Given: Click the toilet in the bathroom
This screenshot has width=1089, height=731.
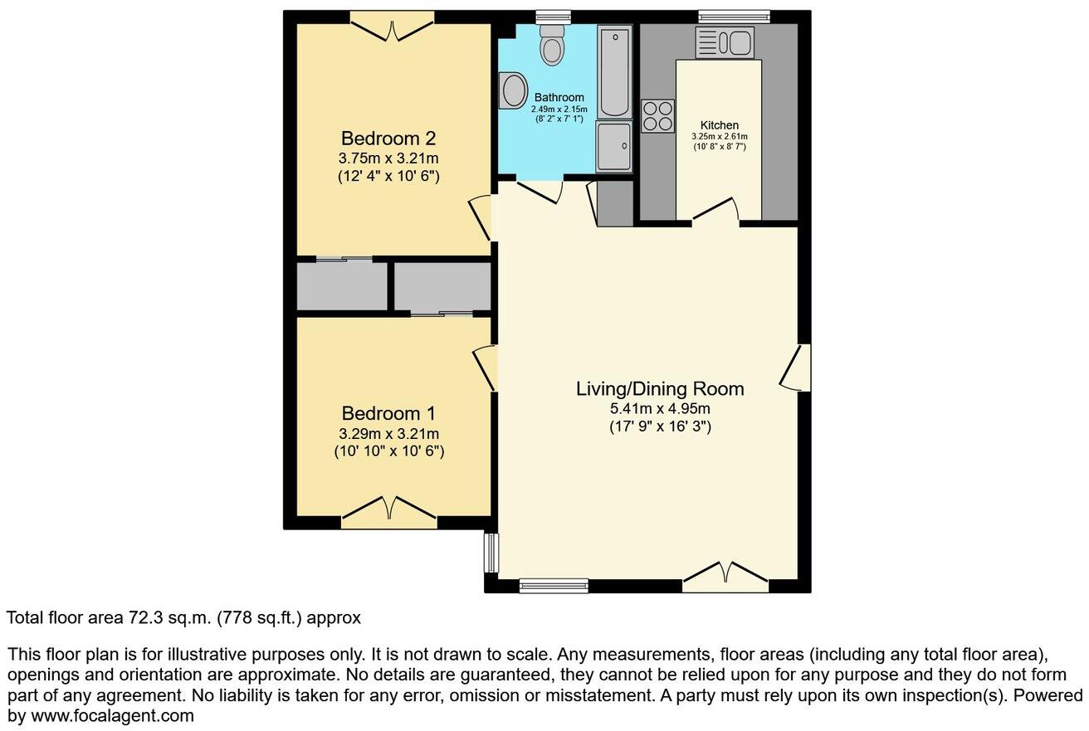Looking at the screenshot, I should [x=551, y=44].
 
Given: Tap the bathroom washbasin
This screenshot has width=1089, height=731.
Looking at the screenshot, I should [x=513, y=90].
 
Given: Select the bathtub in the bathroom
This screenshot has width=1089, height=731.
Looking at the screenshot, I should [x=614, y=71].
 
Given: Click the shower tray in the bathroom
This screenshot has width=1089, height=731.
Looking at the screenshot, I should [x=613, y=146].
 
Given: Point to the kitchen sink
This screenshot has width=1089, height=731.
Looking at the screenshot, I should [x=724, y=42].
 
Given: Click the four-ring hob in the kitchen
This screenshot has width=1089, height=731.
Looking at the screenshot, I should [x=657, y=115].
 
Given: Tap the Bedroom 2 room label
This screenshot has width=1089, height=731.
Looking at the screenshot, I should [x=388, y=138].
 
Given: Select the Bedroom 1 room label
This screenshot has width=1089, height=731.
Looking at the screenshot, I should [x=388, y=413].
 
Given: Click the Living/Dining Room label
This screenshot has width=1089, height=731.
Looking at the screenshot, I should [x=660, y=388].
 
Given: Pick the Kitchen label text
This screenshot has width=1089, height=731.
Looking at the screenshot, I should [x=719, y=125].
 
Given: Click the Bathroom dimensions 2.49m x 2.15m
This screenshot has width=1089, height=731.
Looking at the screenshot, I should [x=559, y=109].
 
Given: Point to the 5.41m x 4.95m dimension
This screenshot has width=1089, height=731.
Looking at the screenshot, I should [x=660, y=408].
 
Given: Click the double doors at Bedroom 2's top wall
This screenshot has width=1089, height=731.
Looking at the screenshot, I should [x=392, y=25].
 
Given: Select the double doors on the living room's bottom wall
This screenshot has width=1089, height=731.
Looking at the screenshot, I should [x=725, y=577].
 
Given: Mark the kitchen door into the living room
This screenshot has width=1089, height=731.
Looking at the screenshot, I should [x=716, y=212].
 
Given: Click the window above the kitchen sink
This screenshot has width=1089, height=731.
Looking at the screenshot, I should [x=733, y=16].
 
